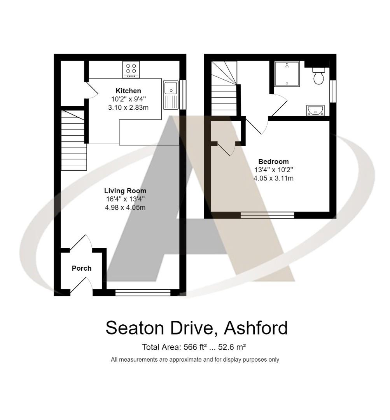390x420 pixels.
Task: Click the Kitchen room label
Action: (x=128, y=91)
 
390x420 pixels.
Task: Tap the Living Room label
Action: (x=125, y=191)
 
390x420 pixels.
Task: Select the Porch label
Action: (x=81, y=268)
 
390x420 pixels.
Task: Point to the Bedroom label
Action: (x=273, y=161)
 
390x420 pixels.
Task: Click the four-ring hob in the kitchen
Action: (x=131, y=69)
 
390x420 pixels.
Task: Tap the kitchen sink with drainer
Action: (x=171, y=95)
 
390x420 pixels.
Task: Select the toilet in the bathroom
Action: (x=318, y=76)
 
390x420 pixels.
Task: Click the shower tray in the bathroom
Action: (x=287, y=73)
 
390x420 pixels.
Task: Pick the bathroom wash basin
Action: (x=315, y=110)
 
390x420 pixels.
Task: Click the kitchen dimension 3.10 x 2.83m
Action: (x=128, y=108)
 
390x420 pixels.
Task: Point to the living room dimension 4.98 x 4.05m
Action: (x=125, y=208)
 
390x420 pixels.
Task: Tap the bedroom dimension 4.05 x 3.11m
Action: (x=273, y=178)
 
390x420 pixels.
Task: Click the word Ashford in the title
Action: (x=256, y=328)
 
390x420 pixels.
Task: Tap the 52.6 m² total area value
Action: (x=232, y=347)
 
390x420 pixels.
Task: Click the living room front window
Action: (x=143, y=292)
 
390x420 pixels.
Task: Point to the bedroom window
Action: (x=267, y=215)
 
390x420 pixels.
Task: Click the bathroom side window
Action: (x=333, y=91)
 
